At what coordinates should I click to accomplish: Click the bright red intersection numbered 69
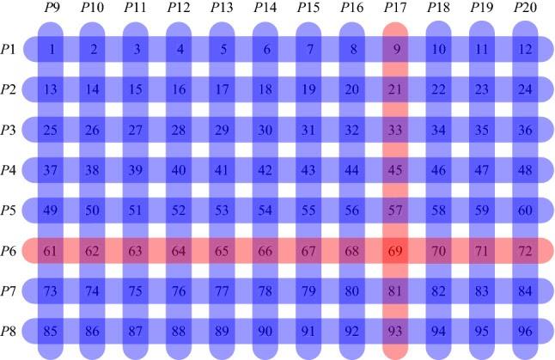[x=395, y=251]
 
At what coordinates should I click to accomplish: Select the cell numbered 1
[x=52, y=49]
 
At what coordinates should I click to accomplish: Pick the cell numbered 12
[x=525, y=49]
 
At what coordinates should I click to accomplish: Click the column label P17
[x=395, y=8]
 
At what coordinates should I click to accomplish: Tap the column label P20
[x=524, y=8]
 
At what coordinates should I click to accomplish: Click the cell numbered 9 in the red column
[x=395, y=49]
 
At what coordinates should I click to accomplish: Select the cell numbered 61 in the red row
[x=52, y=251]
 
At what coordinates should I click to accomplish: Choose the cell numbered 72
[x=525, y=251]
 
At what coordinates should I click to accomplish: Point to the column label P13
[x=223, y=8]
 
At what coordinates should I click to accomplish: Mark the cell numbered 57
[x=395, y=211]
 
